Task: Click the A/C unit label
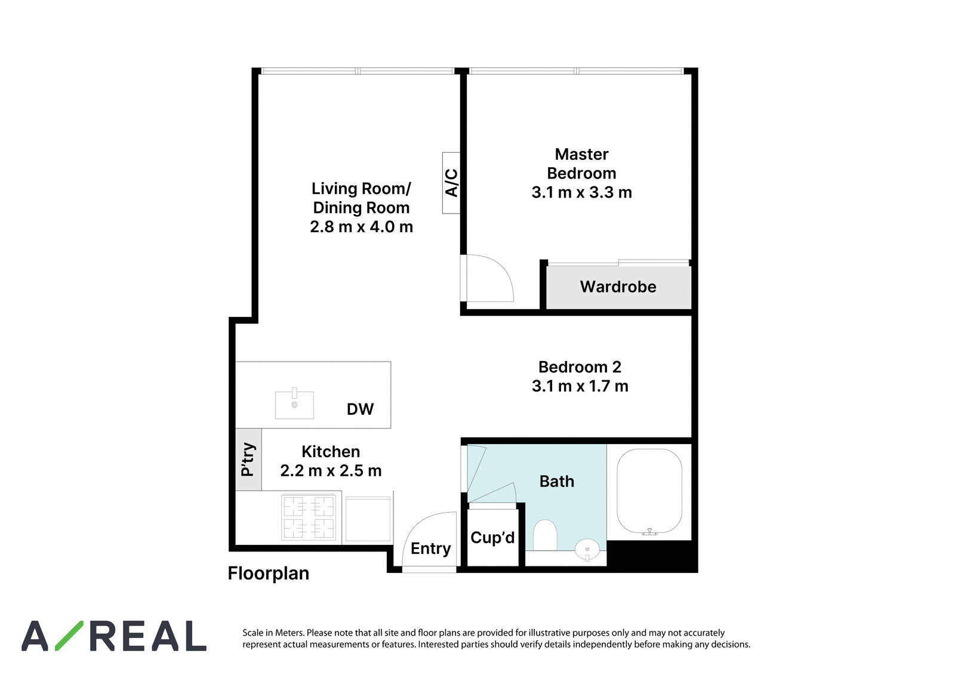pos(451,183)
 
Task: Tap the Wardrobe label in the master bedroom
pos(618,286)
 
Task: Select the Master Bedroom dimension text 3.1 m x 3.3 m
pos(581,192)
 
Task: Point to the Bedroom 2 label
pos(580,366)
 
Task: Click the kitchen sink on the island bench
pos(294,404)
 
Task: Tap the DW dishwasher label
pos(361,409)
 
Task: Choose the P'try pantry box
pos(248,459)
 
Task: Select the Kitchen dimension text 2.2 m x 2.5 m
pos(331,471)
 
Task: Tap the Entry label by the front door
pos(430,548)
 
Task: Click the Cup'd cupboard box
pos(493,537)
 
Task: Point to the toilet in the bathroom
pos(545,535)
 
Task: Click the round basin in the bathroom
pos(587,550)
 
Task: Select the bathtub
pos(649,492)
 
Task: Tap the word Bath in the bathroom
pos(557,482)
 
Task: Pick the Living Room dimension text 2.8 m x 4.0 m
pos(362,227)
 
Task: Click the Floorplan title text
pos(269,574)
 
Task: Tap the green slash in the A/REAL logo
pos(69,636)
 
